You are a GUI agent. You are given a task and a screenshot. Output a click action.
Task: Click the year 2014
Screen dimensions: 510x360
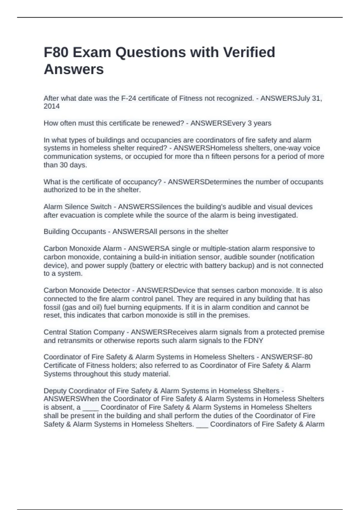[52, 106]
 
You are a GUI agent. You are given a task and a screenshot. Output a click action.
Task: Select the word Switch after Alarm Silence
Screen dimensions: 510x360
[100, 207]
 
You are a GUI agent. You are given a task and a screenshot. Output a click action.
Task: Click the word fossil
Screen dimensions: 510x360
[52, 307]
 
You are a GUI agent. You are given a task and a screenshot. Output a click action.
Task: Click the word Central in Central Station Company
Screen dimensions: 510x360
[55, 332]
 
